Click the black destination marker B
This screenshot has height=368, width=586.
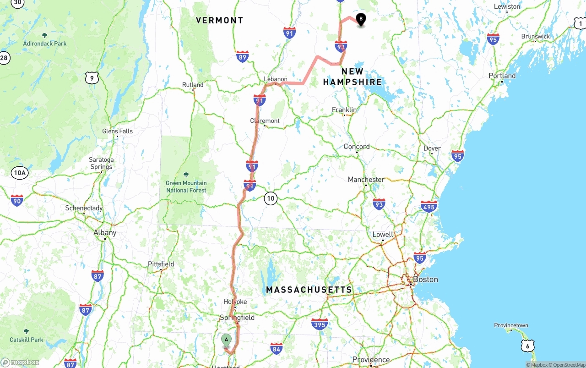(361, 20)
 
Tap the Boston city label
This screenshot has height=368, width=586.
(425, 279)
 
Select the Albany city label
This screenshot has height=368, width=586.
(105, 232)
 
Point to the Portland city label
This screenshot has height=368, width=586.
(502, 76)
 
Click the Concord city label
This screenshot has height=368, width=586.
(357, 147)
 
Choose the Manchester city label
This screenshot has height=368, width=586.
(366, 180)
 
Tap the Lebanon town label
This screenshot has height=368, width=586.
(276, 79)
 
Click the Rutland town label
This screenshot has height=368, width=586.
(193, 85)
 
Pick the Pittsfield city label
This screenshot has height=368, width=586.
(161, 264)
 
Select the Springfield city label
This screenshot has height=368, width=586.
(237, 318)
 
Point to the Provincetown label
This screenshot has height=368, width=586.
(511, 325)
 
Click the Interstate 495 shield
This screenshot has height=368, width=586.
(429, 207)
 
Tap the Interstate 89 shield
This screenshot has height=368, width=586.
(243, 57)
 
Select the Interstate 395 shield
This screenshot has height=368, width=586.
(320, 324)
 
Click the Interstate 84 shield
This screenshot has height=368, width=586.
(276, 349)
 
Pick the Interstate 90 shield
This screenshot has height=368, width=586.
(17, 200)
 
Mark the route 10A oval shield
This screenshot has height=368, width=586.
(20, 173)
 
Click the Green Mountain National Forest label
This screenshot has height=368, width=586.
(186, 187)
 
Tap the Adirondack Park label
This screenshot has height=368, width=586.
(44, 44)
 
